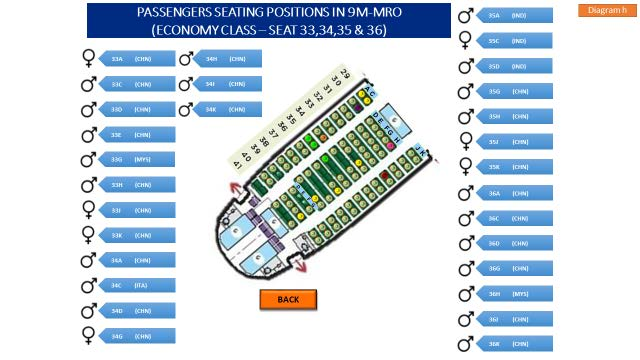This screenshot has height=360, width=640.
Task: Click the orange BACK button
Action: point(288,299)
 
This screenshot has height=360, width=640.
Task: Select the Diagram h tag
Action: point(607,9)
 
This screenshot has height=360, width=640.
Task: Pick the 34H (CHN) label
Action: point(224,59)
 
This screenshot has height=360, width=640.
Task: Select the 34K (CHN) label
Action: point(224,109)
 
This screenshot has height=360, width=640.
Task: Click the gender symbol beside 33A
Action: point(89,59)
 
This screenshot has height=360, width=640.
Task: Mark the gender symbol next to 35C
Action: point(465,41)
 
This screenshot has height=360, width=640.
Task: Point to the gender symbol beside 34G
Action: point(89,336)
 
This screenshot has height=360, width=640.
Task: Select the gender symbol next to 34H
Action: point(186,59)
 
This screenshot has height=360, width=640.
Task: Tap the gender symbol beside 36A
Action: point(465,192)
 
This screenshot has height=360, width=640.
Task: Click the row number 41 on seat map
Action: point(237,162)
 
